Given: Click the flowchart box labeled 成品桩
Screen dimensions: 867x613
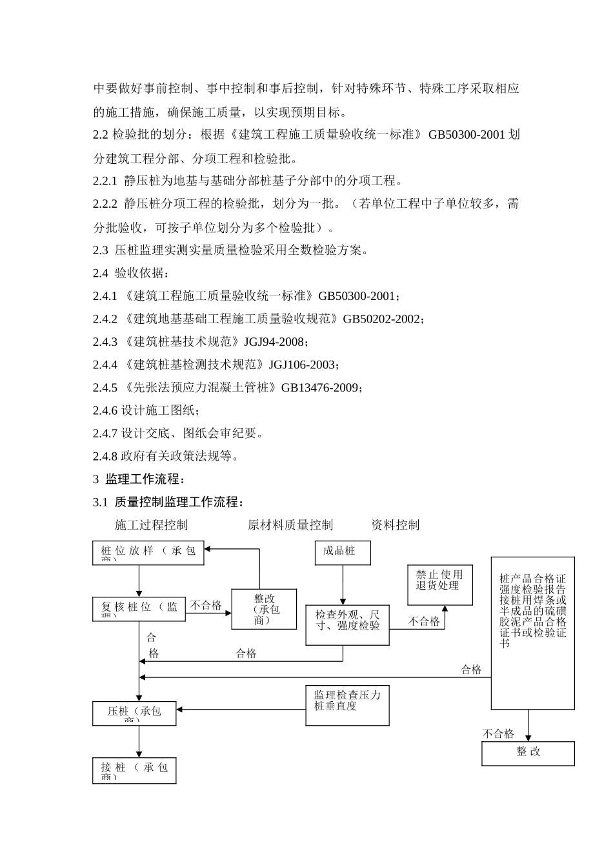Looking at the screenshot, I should point(343,553).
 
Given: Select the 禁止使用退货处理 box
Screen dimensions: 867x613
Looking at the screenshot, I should point(440,584).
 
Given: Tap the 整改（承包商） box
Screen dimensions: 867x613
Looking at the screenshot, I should point(264,609).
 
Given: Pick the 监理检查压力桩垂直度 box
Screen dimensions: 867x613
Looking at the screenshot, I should point(347,705).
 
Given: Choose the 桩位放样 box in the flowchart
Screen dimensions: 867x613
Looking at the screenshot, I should point(148,552).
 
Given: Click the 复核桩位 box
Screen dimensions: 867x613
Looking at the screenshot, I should point(139,609).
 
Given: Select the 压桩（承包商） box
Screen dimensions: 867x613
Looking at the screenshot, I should point(134,713).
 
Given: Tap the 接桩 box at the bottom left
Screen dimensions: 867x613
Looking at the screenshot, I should point(134,770).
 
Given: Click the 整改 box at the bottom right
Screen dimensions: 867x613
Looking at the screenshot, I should point(528,753).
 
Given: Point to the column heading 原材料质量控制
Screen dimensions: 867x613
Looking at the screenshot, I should point(290,525).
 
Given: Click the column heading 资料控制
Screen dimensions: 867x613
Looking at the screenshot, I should point(396,525).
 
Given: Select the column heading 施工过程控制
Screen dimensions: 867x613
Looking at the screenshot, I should point(152,525).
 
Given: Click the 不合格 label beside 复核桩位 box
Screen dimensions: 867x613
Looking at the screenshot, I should point(206,605).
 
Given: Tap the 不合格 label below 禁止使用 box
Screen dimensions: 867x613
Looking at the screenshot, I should point(424,621).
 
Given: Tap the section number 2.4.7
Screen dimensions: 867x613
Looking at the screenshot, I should point(105,433).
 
